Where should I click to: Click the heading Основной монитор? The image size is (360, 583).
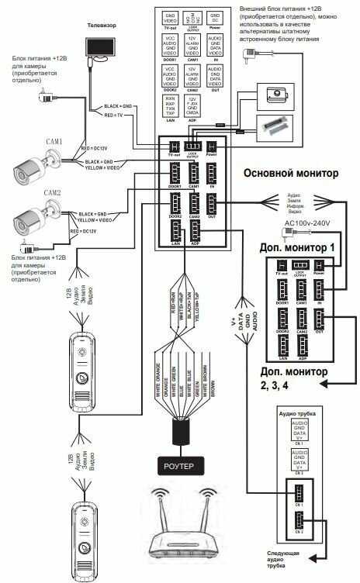[x=291, y=173]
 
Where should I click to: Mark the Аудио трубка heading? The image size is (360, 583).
[x=294, y=414]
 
